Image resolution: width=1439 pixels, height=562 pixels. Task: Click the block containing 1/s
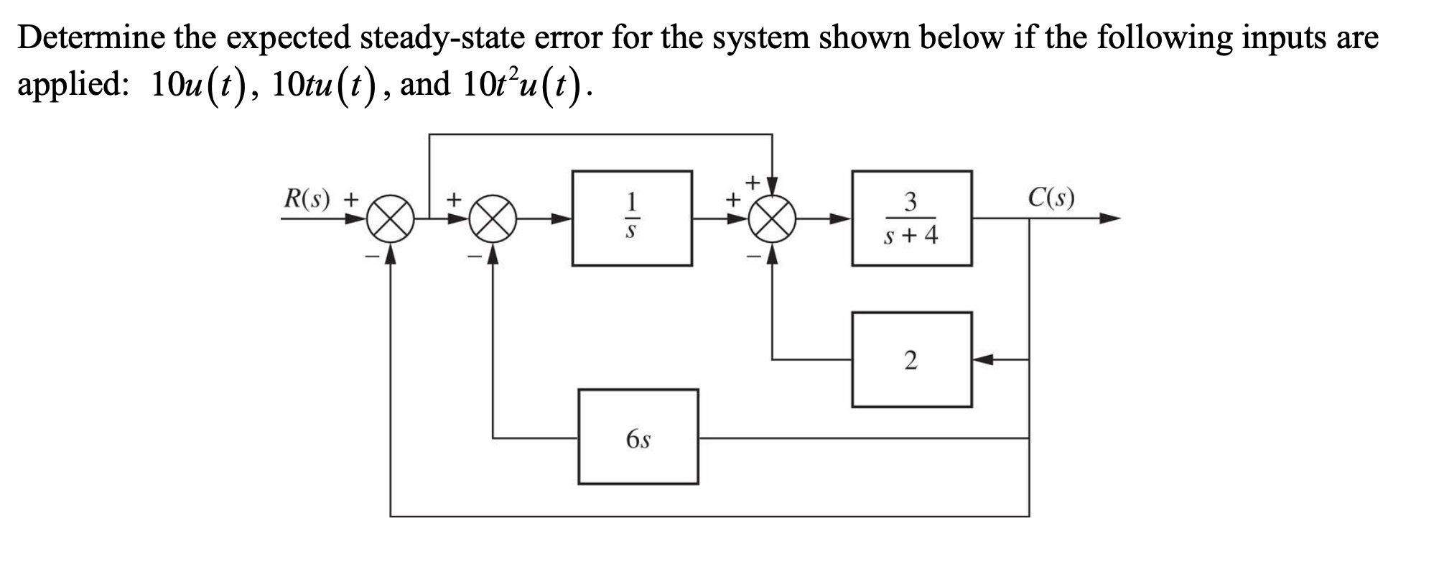632,218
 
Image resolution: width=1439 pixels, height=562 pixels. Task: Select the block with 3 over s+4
911,218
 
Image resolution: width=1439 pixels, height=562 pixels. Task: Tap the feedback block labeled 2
911,359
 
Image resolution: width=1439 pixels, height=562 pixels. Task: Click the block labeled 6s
638,437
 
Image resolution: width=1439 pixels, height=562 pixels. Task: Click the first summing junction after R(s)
390,218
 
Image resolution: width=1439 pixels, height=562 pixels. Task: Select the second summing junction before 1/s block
493,218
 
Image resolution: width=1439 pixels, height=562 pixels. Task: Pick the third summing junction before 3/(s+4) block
772,218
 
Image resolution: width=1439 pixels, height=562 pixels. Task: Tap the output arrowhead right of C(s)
1110,218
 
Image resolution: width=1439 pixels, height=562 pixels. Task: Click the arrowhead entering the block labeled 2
982,359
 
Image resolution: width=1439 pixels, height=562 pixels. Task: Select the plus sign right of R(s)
352,198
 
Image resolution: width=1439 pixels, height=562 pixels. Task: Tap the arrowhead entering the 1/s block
563,218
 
